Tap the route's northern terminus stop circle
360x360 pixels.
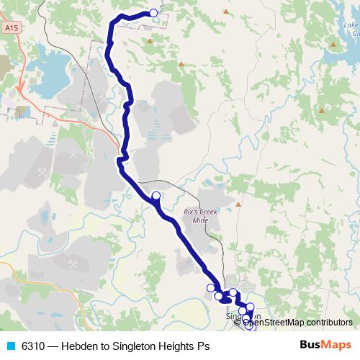click(153, 13)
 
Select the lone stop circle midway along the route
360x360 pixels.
click(156, 195)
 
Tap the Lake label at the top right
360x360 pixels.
click(351, 26)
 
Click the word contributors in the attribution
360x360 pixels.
click(327, 322)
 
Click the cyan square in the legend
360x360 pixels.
click(9, 346)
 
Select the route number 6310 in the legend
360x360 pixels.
click(33, 346)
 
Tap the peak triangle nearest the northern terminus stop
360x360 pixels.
click(150, 40)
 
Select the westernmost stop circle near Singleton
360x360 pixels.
click(211, 288)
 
